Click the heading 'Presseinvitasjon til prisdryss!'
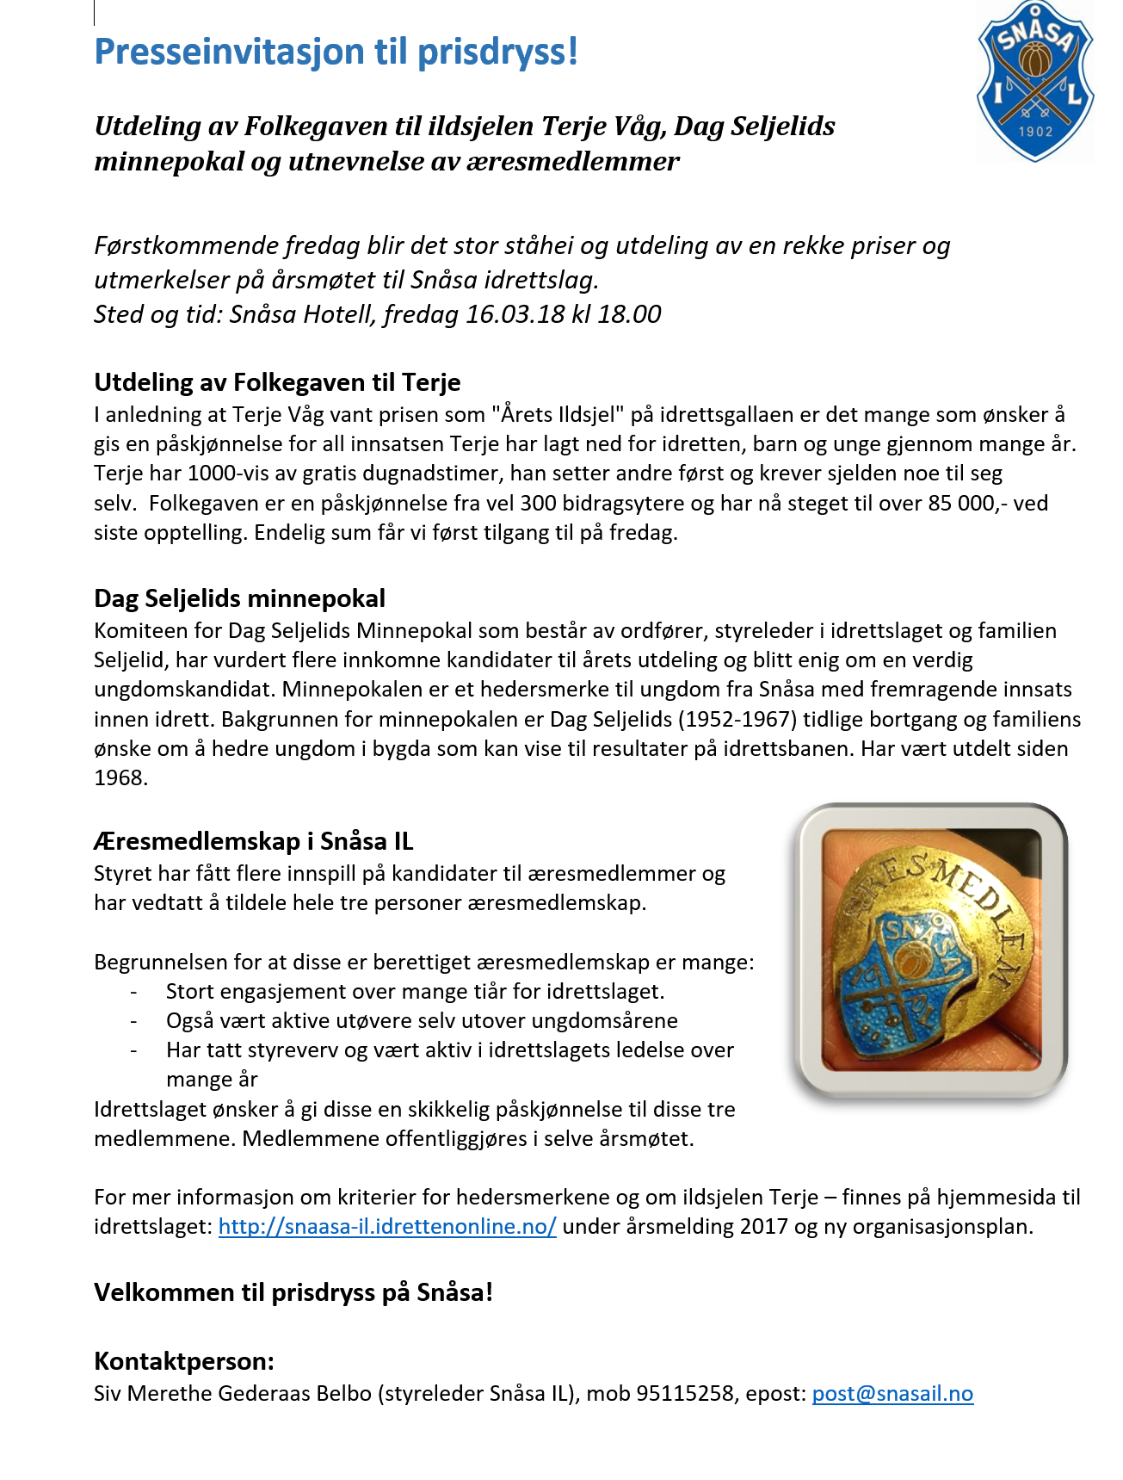click(336, 52)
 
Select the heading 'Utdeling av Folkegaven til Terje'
click(277, 382)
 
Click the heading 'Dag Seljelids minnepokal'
click(239, 598)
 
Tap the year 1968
click(120, 778)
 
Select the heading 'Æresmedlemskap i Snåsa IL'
click(253, 841)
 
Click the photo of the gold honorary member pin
click(931, 951)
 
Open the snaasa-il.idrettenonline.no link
click(387, 1227)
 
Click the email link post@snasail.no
click(892, 1394)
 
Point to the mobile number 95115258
click(685, 1394)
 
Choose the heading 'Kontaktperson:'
click(183, 1362)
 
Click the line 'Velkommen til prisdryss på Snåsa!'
click(293, 1293)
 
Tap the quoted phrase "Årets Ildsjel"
click(558, 415)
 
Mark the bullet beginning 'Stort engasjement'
click(415, 992)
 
